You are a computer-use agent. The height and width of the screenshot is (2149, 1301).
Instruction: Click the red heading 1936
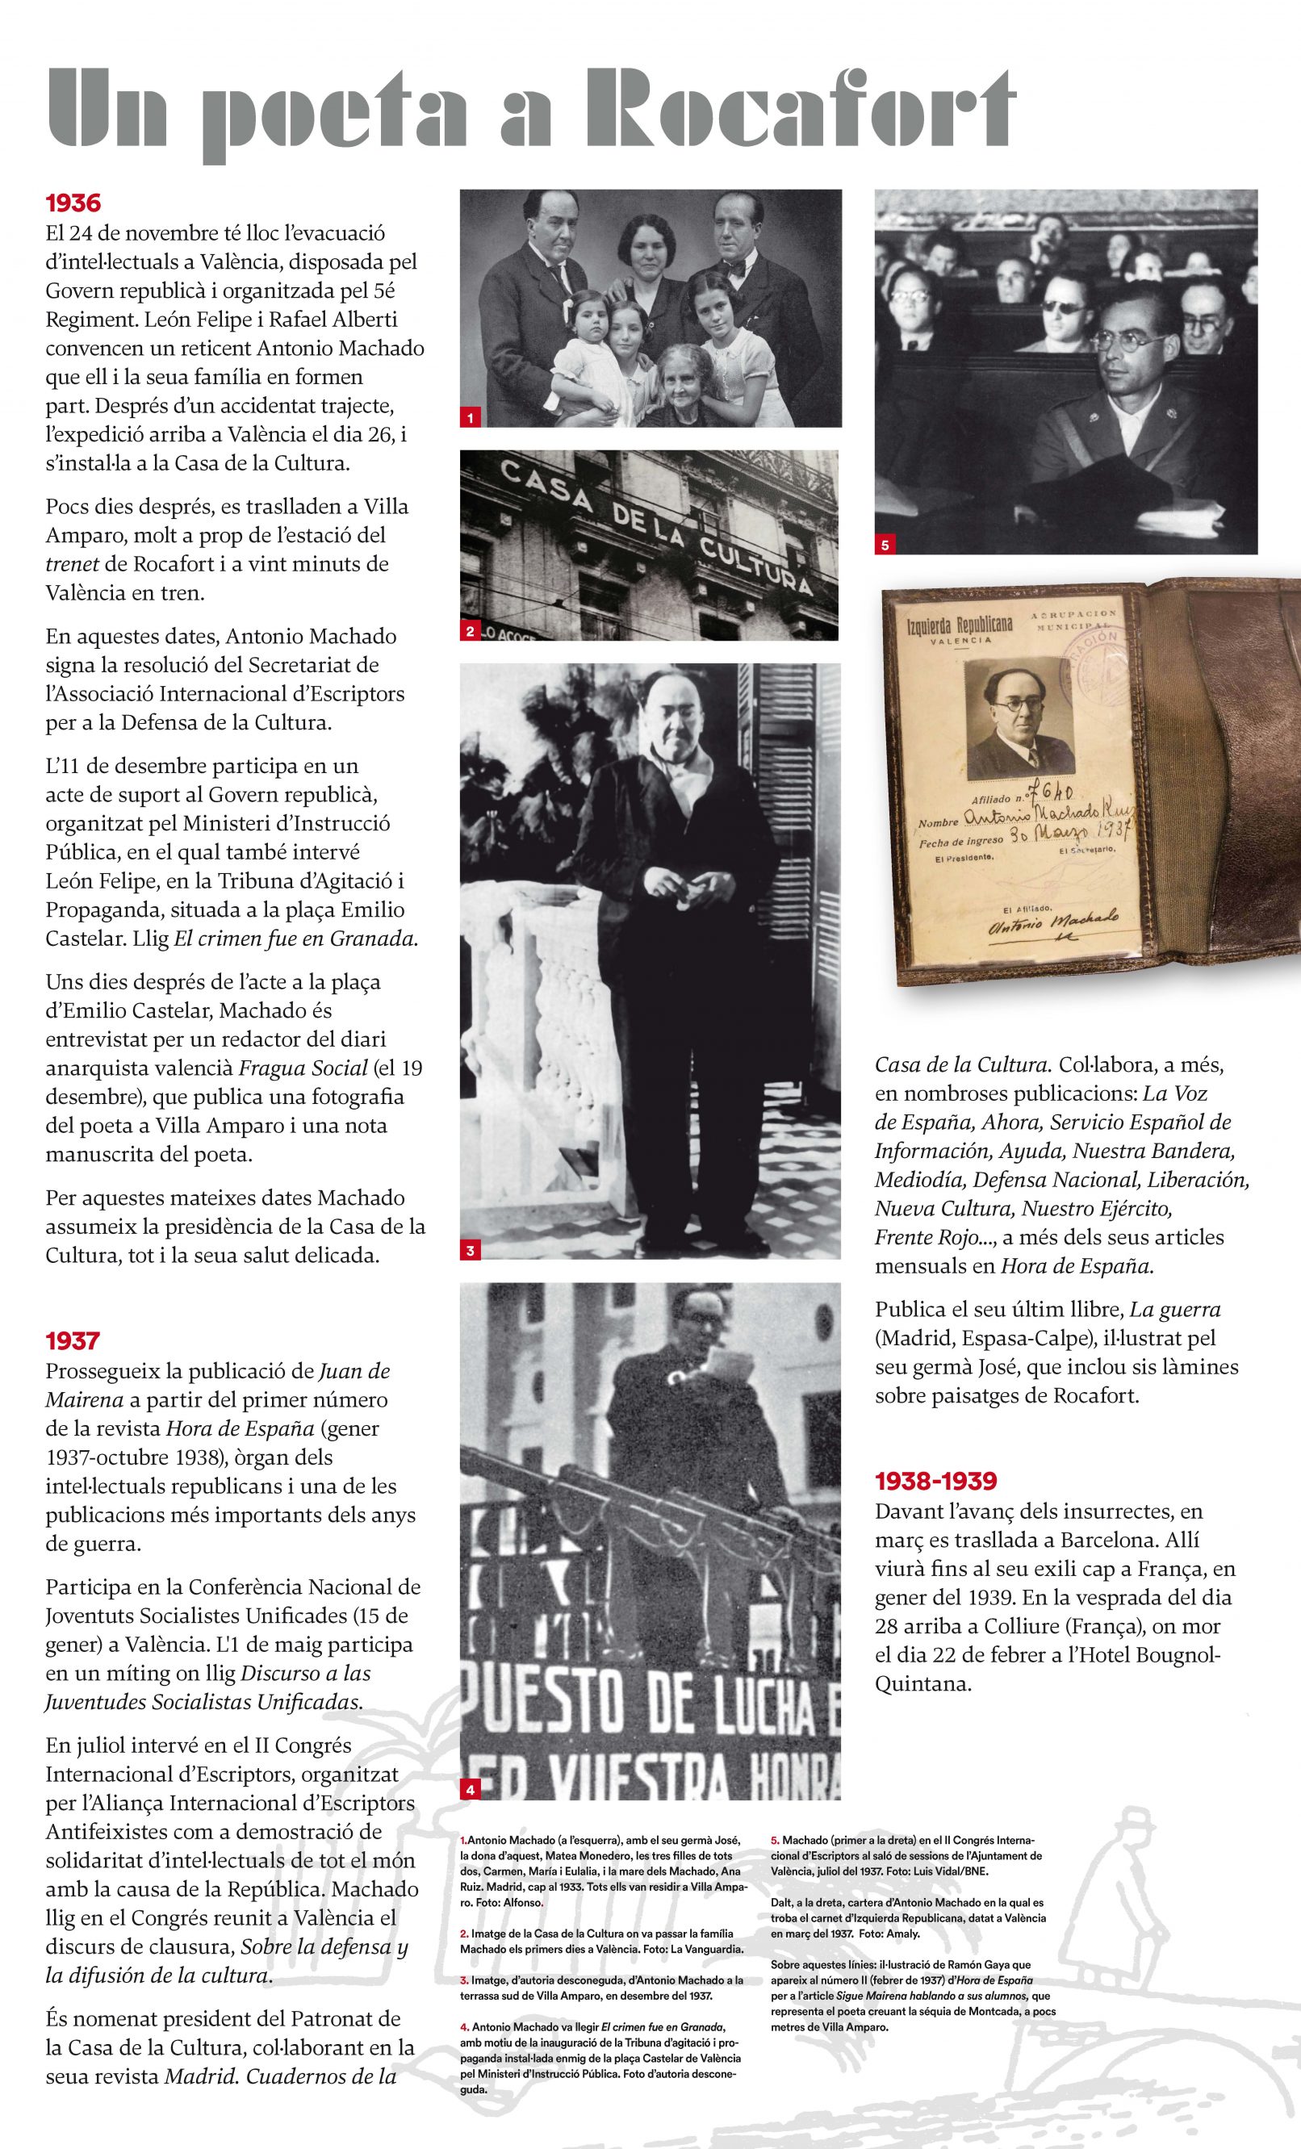(73, 204)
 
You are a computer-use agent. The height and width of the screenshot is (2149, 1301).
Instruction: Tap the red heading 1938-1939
(935, 1481)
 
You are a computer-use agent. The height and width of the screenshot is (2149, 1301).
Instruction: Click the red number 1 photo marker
(471, 419)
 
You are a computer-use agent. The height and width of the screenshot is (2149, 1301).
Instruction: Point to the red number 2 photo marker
(471, 631)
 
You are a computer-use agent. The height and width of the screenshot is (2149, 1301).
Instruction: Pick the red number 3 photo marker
(471, 1251)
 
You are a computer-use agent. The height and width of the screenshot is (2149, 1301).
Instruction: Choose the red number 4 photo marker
(471, 1790)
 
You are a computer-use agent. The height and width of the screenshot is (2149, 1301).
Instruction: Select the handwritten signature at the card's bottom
(1052, 925)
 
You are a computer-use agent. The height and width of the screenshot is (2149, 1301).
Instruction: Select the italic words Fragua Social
(294, 1068)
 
